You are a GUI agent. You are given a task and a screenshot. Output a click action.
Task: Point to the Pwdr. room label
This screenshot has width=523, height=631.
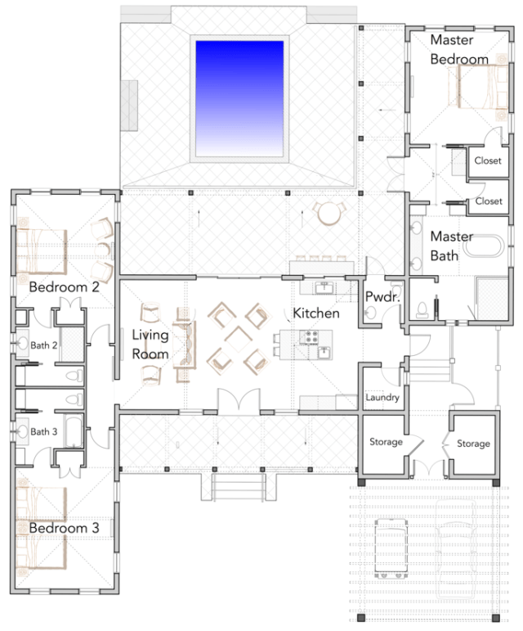click(382, 297)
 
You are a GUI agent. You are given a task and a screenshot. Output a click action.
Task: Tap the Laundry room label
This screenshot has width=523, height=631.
click(382, 399)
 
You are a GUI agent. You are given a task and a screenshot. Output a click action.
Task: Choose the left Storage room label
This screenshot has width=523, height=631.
click(387, 443)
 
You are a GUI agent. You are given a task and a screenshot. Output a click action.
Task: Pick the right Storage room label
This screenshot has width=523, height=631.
click(473, 444)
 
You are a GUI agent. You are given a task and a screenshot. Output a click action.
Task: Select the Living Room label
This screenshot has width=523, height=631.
click(151, 345)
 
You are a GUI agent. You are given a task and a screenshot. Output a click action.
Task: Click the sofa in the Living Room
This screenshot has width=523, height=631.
click(183, 345)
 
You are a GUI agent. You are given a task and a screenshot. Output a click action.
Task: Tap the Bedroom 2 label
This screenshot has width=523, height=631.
click(64, 288)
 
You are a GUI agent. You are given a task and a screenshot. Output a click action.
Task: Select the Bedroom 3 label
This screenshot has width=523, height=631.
click(64, 529)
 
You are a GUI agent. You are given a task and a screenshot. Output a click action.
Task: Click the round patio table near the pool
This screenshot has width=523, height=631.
click(329, 214)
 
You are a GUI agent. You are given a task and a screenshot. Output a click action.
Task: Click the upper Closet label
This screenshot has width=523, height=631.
click(489, 161)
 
